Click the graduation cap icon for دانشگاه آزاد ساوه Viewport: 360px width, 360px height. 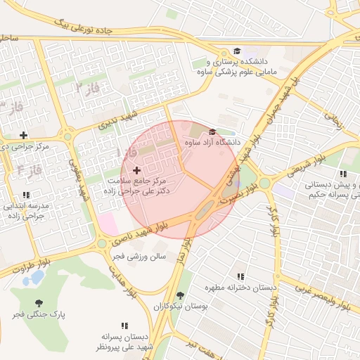pos(212,131)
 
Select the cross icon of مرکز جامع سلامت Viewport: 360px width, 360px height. pos(136,170)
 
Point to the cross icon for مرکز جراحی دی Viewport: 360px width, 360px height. pos(24,135)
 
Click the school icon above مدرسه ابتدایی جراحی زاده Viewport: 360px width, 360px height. pos(26,195)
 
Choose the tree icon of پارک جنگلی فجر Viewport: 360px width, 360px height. pos(38,304)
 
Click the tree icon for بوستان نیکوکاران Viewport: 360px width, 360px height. pos(181,295)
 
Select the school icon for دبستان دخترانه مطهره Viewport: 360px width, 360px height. pos(241,276)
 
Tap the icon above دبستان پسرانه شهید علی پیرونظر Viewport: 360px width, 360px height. pos(124,326)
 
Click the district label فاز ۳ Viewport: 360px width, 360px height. pos(87,87)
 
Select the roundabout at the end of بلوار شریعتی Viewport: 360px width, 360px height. pos(264,184)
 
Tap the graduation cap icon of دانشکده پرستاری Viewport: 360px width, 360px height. pos(237,51)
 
